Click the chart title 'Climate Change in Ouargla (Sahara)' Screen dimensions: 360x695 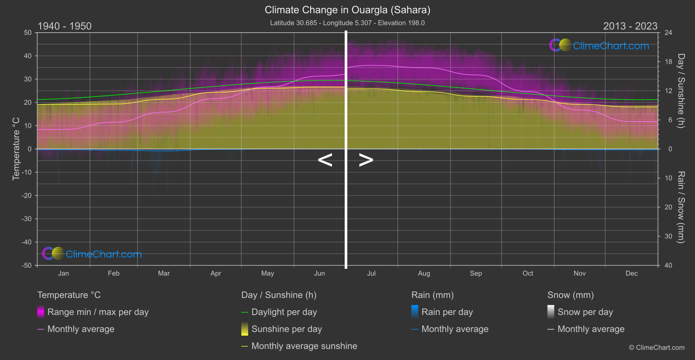coord(347,10)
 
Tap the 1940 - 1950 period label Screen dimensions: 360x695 coord(65,26)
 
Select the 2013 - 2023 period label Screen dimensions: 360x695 coord(630,26)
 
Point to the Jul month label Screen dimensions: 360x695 coord(371,274)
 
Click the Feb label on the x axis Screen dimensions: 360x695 coord(113,274)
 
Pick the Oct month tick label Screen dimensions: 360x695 coord(527,274)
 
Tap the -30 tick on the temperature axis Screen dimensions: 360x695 coord(27,219)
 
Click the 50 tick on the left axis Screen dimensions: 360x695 coord(28,33)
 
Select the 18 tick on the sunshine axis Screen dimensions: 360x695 coord(668,62)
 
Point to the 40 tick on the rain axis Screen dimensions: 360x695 coord(668,265)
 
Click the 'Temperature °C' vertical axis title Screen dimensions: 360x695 coord(16,149)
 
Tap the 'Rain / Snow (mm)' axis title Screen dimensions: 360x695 coord(681,207)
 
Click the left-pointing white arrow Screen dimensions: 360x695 coord(325,160)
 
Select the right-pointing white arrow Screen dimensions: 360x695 coord(366,160)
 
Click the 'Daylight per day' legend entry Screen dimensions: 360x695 coord(284,312)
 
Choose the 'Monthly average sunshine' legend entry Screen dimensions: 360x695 coord(304,346)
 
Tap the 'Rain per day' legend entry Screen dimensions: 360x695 coord(447,312)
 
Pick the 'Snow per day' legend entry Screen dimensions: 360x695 coord(585,312)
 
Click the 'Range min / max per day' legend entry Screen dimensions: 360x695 coord(98,312)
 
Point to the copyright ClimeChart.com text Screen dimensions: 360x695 coord(657,348)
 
